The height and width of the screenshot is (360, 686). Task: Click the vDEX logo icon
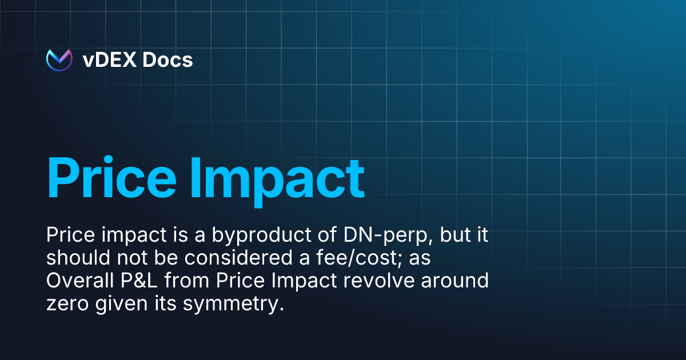point(59,59)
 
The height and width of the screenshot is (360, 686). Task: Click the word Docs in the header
point(167,59)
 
